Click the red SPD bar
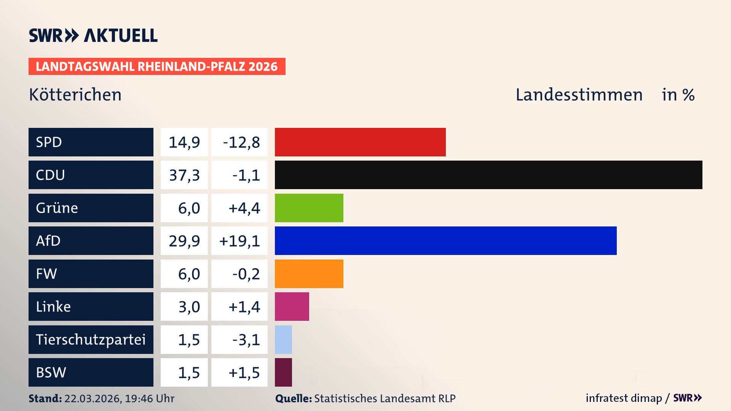(x=360, y=142)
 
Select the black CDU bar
(x=488, y=175)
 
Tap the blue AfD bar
(x=445, y=241)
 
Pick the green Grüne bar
(x=309, y=208)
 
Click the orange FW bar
(x=309, y=274)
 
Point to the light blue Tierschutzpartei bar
(x=283, y=339)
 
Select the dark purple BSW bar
(x=283, y=372)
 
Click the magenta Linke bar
(x=292, y=306)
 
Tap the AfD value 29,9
(x=184, y=241)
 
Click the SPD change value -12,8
(x=241, y=142)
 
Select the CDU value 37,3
(x=184, y=175)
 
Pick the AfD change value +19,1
(x=239, y=241)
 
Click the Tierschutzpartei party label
(x=91, y=339)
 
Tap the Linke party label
(x=53, y=306)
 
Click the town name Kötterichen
(x=75, y=95)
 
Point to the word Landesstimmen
(x=579, y=95)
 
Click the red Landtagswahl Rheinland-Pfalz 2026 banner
(x=157, y=67)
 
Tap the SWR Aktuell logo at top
(x=93, y=35)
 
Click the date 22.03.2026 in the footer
(x=93, y=398)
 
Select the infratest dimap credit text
(x=624, y=398)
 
